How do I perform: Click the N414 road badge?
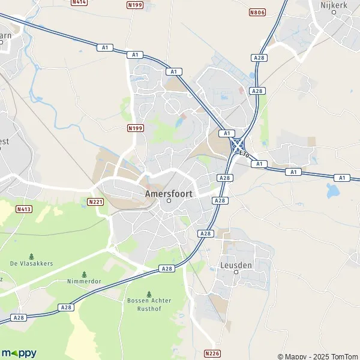click(x=79, y=2)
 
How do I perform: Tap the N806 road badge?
click(x=257, y=12)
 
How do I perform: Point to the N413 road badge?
click(x=23, y=209)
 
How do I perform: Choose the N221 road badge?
click(x=95, y=202)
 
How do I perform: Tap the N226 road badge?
click(x=212, y=353)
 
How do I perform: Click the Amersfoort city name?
click(x=169, y=194)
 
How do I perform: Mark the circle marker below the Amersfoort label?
click(x=169, y=202)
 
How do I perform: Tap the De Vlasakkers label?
click(x=32, y=263)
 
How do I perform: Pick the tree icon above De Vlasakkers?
click(x=32, y=254)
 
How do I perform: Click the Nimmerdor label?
click(x=83, y=281)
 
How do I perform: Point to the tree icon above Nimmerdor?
click(x=83, y=273)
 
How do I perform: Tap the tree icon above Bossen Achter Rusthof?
click(x=149, y=293)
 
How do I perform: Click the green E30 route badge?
click(x=244, y=154)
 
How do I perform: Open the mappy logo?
click(x=19, y=353)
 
